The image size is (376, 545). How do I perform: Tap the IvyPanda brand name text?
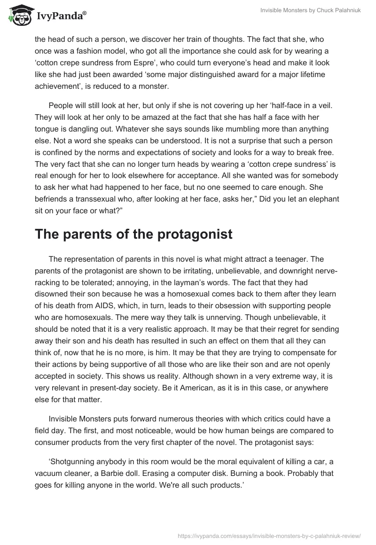(60, 16)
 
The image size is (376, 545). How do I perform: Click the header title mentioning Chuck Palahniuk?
(311, 10)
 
